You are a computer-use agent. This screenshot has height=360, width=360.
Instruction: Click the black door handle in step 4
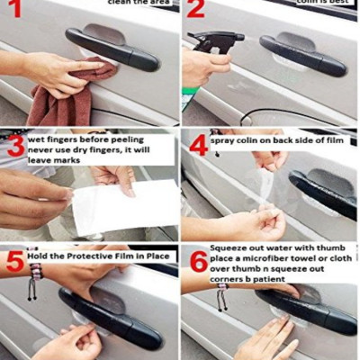pyautogui.click(x=324, y=193)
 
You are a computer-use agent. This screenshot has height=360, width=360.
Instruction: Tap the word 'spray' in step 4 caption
pyautogui.click(x=226, y=141)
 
